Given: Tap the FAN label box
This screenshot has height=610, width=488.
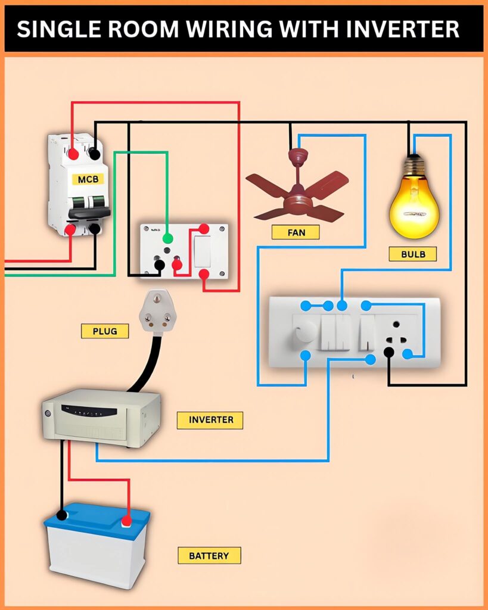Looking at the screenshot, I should click(295, 232).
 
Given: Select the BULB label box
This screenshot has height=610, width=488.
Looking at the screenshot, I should click(412, 254).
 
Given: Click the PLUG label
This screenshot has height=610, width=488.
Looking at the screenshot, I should click(105, 331).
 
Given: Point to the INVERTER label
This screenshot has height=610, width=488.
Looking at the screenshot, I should click(210, 419).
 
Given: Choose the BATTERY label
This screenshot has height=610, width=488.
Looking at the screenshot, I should click(209, 556).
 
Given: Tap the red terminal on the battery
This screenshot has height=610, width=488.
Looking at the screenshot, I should click(126, 522).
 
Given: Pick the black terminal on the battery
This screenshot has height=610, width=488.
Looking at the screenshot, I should click(61, 516).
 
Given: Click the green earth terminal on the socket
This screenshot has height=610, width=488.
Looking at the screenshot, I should click(167, 238).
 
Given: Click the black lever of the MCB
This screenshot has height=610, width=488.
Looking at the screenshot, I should click(89, 212).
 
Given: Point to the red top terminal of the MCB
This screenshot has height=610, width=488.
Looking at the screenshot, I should click(73, 154).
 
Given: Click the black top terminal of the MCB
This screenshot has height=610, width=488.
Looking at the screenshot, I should click(94, 154).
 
